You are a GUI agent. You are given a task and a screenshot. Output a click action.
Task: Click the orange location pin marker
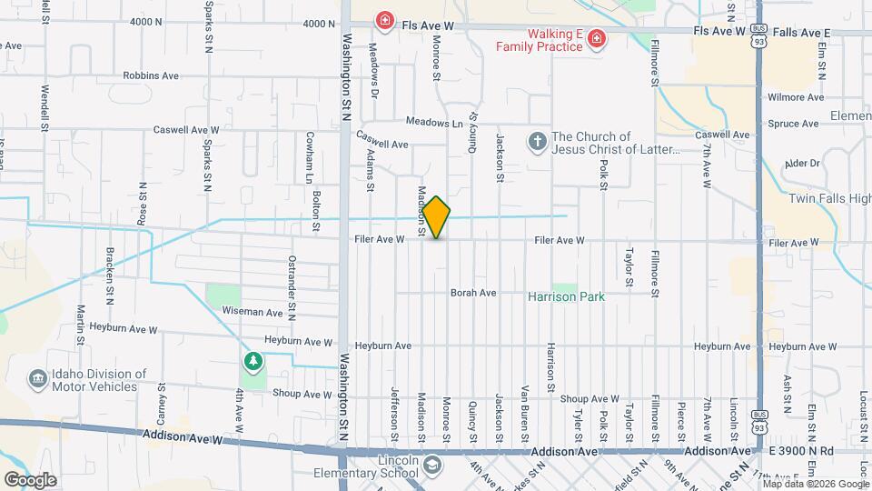coord(436,216)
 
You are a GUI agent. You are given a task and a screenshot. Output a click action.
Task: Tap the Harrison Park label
coord(567,296)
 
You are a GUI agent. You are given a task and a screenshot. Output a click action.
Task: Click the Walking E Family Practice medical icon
coord(596,38)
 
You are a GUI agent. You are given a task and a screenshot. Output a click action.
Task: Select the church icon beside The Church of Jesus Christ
coord(537,143)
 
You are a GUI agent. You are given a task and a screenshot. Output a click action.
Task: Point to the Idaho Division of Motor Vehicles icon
coord(37,379)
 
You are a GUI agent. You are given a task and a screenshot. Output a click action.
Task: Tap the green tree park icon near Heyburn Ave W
coord(253,362)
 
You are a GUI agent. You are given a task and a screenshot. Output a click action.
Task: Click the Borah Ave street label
coord(473,293)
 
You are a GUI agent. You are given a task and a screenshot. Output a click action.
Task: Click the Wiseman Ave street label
coord(253,312)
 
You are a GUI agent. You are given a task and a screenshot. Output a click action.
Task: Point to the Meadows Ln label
coord(434,123)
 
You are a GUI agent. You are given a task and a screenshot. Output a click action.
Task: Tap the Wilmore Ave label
coord(796,97)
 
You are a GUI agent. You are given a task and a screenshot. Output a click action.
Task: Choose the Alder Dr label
coord(802,164)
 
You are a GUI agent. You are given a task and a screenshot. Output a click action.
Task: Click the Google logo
coord(29,479)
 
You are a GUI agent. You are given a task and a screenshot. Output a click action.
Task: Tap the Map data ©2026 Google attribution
coord(816,484)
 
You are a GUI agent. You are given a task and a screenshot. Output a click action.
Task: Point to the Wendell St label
coord(44,107)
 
